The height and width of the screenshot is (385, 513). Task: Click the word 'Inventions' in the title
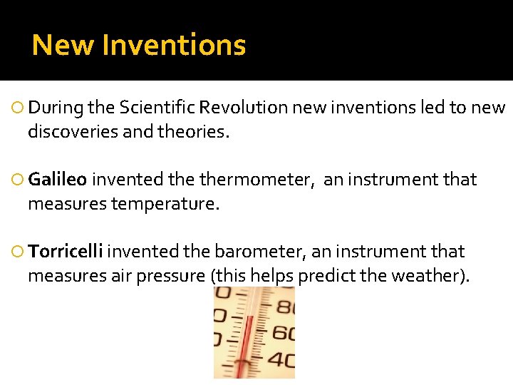coord(175,46)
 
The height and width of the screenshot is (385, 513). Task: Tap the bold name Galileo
coord(58,180)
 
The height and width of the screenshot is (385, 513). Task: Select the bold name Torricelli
coord(66,252)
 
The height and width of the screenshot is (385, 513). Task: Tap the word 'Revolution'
coord(244,108)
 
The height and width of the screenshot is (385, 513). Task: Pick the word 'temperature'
coord(163,205)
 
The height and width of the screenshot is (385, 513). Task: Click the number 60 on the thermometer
coord(281,332)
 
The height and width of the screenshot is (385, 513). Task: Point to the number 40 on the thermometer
coord(281,360)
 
